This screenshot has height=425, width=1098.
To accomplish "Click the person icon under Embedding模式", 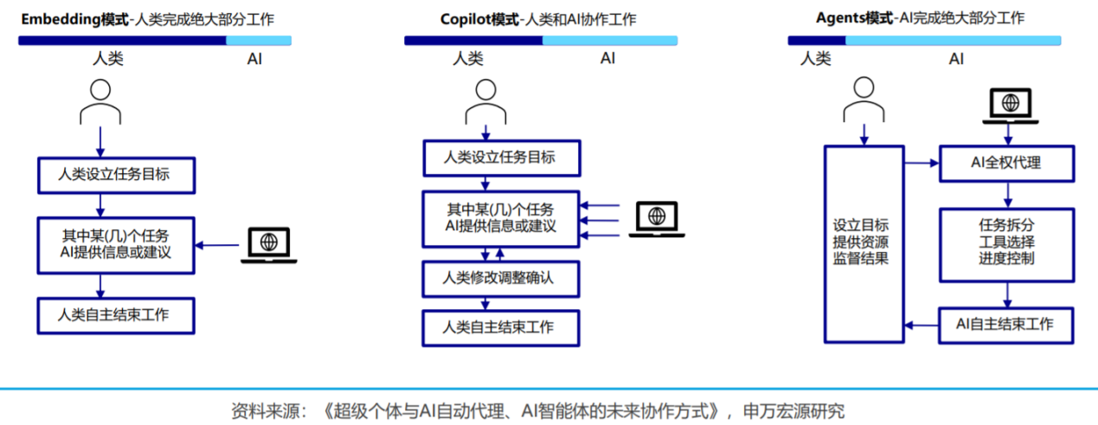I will tap(100, 101).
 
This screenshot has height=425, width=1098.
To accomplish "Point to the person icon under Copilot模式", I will tap(485, 101).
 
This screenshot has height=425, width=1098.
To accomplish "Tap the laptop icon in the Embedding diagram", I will tap(269, 245).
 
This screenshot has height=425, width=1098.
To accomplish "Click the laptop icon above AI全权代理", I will tap(1008, 107).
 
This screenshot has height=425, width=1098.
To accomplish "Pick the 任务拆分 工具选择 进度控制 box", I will tap(1006, 243).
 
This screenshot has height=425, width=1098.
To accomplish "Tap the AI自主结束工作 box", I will tap(1006, 325).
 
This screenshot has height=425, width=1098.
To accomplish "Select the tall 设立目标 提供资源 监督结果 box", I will tap(863, 242).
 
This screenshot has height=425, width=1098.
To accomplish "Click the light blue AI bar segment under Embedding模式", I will tap(259, 40).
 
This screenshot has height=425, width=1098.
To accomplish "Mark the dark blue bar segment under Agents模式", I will tap(816, 40).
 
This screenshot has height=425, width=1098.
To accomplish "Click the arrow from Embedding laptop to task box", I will tap(217, 245).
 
